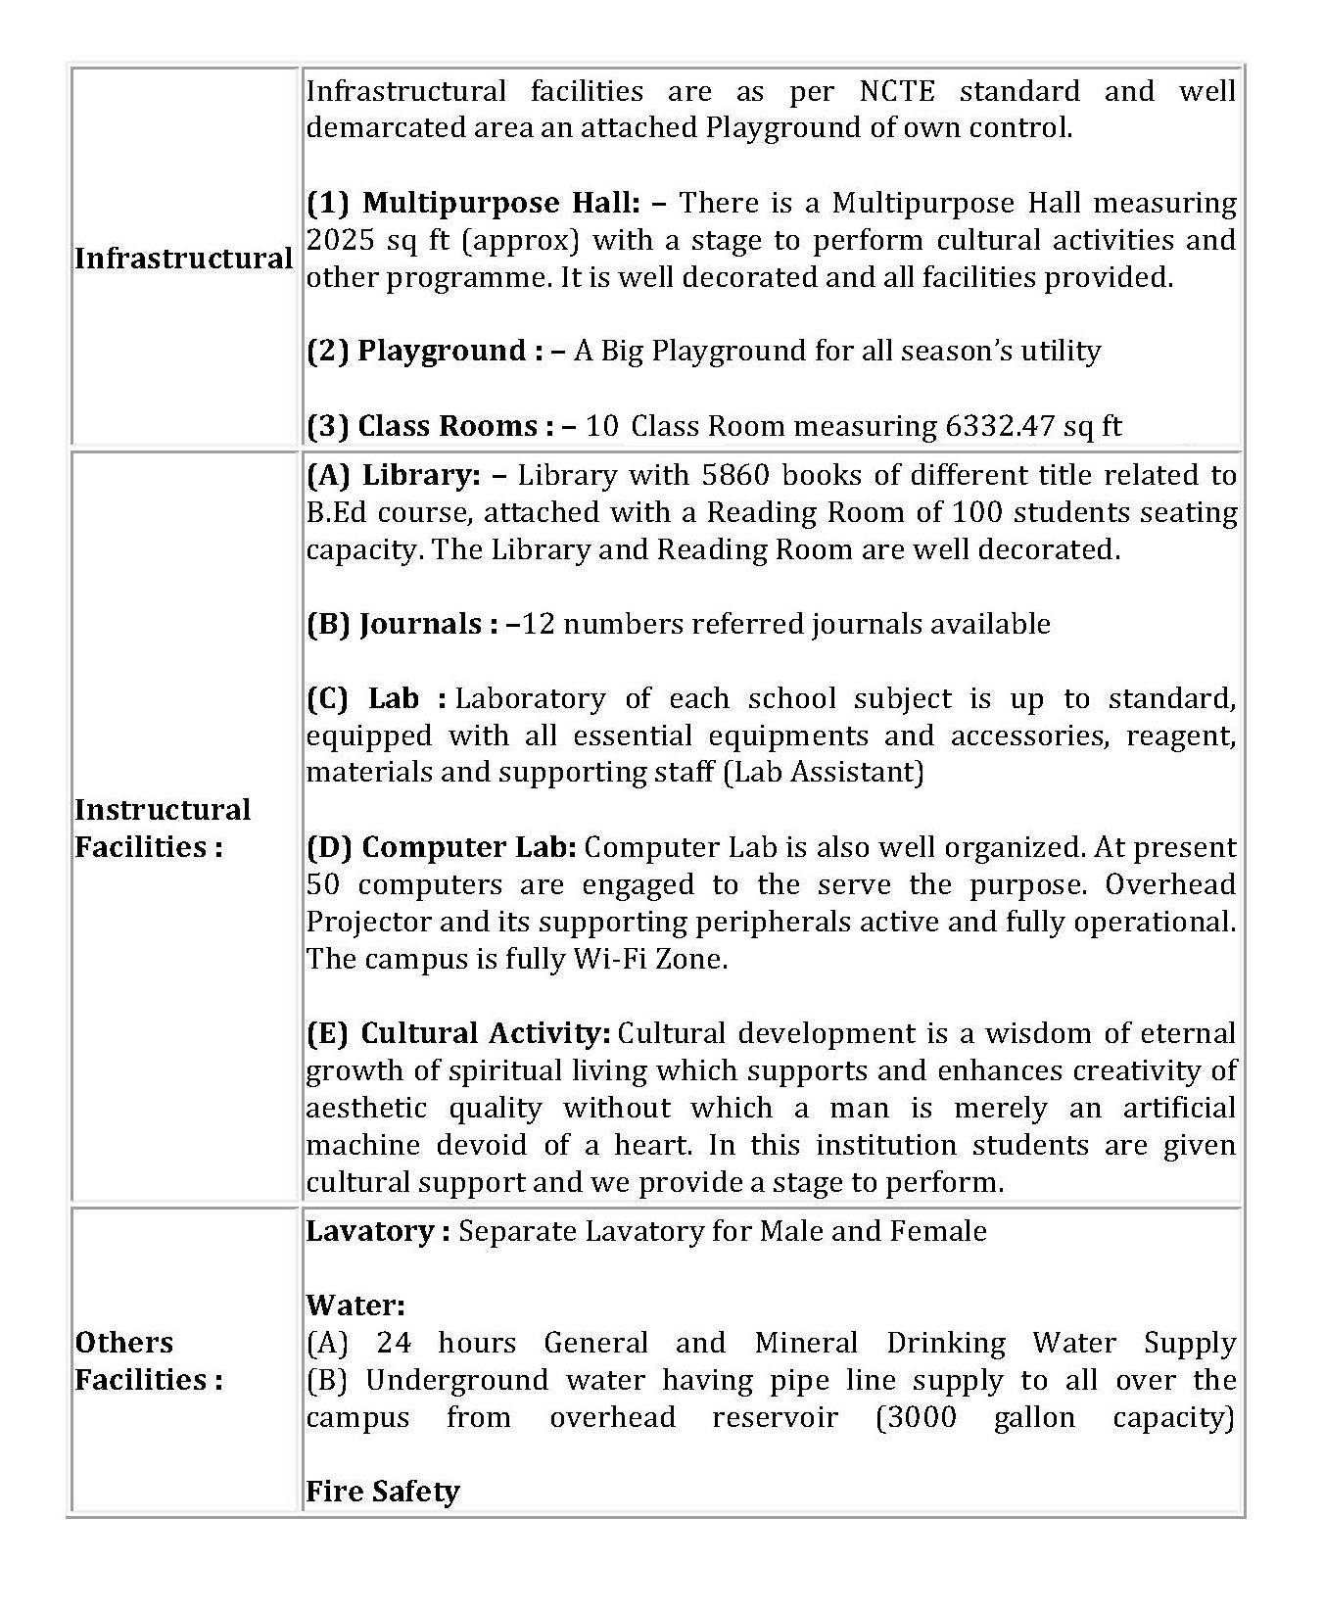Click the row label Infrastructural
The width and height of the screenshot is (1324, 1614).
[x=183, y=259]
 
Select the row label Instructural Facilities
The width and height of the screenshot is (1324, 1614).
[x=163, y=829]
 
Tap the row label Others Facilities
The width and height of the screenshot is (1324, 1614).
[x=148, y=1361]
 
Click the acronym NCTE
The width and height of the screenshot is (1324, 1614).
[x=896, y=92]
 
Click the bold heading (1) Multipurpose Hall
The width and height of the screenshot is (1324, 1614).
[x=473, y=204]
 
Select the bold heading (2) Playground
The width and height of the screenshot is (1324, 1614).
[x=424, y=352]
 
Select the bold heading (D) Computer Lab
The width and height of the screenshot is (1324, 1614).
[x=442, y=848]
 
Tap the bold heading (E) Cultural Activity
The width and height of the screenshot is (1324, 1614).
[x=458, y=1034]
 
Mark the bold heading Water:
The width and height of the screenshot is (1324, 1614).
[x=355, y=1306]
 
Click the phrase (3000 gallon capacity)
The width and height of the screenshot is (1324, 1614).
[x=1054, y=1418]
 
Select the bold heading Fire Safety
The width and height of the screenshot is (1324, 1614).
[x=383, y=1493]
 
